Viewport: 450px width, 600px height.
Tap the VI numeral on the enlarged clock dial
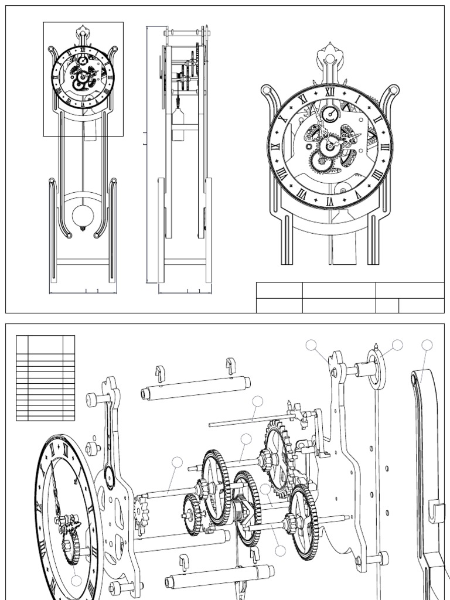click(329, 200)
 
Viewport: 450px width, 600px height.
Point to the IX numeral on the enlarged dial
click(275, 146)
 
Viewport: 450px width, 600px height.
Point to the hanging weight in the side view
click(179, 124)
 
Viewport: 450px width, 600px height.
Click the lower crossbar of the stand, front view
click(83, 262)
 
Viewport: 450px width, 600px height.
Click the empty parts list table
click(46, 378)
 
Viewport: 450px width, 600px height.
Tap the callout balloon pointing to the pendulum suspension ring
click(398, 345)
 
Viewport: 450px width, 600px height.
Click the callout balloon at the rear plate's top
click(313, 346)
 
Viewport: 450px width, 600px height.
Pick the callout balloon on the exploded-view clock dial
click(77, 581)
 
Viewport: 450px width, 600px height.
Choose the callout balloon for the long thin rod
click(258, 401)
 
